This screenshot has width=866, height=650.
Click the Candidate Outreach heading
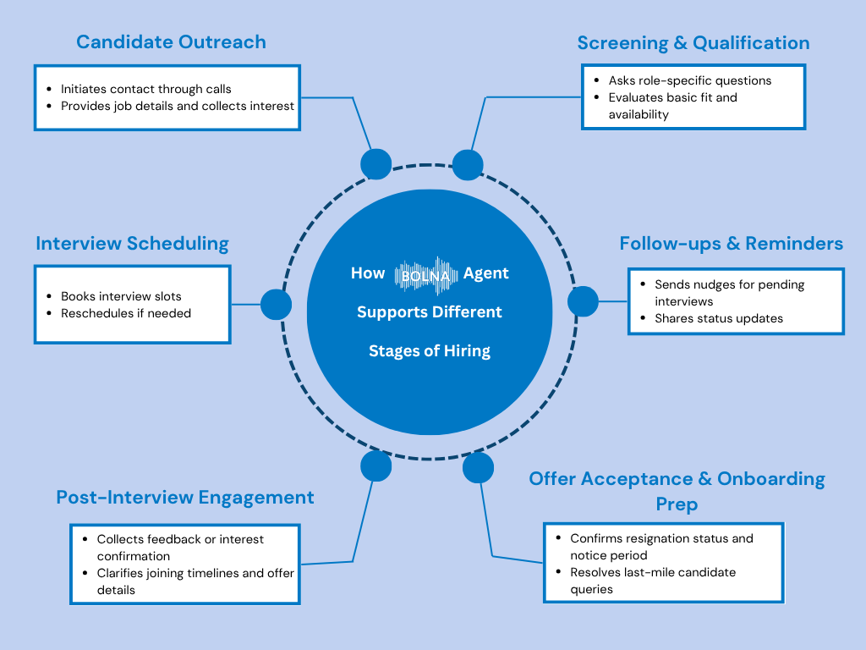click(171, 42)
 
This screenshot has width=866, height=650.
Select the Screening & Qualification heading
click(693, 43)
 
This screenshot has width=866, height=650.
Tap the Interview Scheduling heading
click(132, 244)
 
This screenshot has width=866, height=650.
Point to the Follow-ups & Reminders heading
click(731, 244)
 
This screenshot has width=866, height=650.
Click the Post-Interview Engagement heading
click(184, 498)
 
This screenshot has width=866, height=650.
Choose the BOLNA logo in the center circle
click(428, 274)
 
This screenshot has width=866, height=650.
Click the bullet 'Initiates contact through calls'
click(145, 89)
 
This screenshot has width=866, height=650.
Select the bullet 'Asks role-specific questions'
click(689, 81)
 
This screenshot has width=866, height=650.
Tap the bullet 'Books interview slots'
click(121, 297)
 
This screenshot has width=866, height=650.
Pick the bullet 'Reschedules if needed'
click(126, 313)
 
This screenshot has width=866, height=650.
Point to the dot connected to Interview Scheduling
click(276, 305)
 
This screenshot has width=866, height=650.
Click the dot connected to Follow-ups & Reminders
click(582, 301)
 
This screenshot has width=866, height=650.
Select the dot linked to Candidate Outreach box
click(375, 164)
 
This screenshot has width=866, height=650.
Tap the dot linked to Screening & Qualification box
click(468, 164)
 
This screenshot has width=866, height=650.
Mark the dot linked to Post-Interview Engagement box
click(375, 465)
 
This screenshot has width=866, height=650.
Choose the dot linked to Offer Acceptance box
click(478, 467)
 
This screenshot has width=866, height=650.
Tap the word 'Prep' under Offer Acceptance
click(677, 504)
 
